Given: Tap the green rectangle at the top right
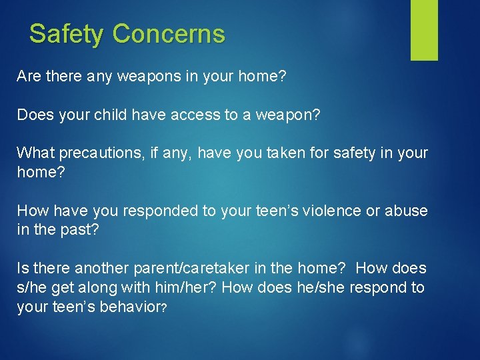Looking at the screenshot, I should (424, 30).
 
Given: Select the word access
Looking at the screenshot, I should (195, 115).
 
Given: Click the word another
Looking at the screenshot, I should (103, 269).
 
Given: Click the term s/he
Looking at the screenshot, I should (32, 287).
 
